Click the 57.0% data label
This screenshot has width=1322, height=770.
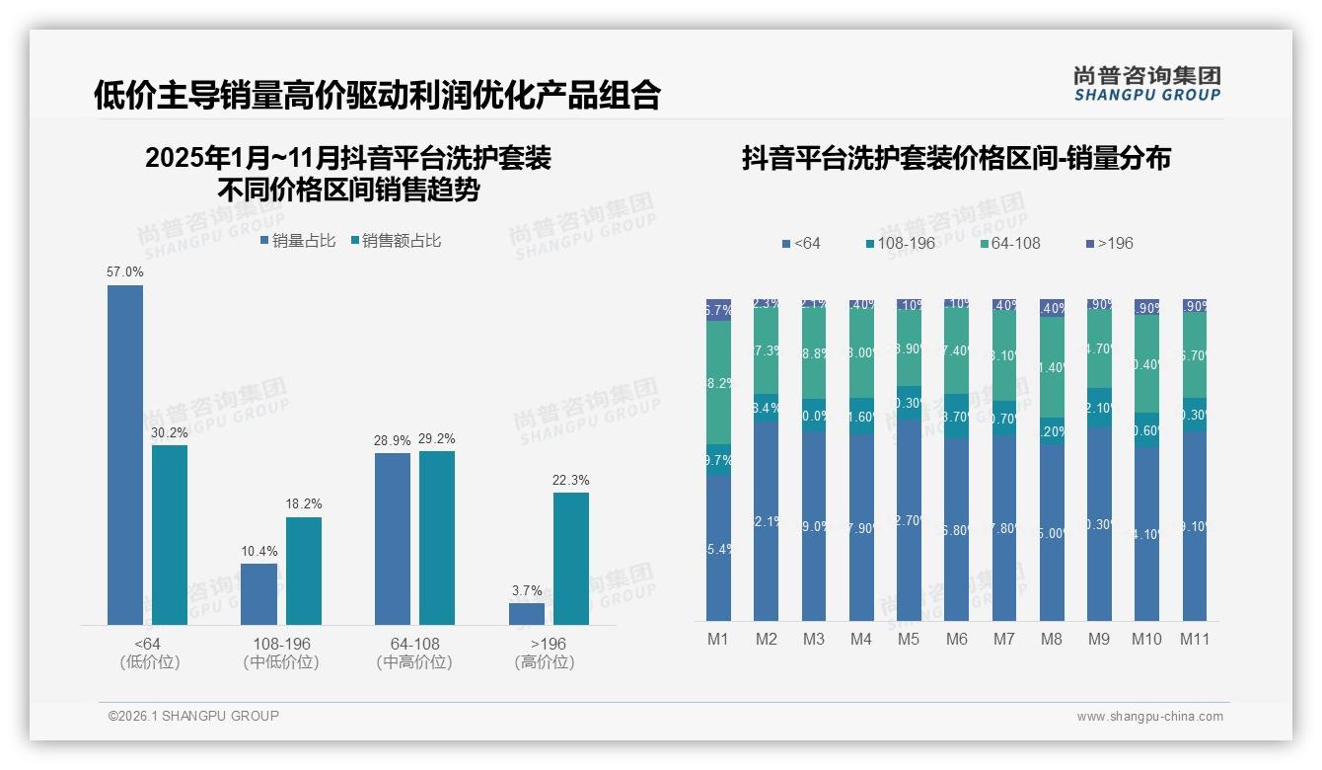click(125, 271)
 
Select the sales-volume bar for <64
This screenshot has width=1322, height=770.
click(125, 454)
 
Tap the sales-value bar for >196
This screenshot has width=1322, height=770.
click(570, 558)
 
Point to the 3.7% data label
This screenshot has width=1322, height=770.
click(527, 590)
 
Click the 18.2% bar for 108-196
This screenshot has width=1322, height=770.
click(304, 571)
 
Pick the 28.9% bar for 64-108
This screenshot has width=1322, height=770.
click(393, 538)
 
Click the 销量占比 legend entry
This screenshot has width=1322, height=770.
click(298, 240)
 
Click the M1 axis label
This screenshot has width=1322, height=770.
click(718, 639)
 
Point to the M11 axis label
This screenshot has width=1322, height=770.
click(1194, 639)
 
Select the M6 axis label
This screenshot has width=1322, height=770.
click(956, 639)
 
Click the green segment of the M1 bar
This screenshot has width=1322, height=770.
click(718, 382)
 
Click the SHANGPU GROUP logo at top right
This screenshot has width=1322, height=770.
click(1146, 84)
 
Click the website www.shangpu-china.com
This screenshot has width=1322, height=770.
click(1149, 717)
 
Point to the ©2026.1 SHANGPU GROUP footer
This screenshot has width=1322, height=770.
click(193, 716)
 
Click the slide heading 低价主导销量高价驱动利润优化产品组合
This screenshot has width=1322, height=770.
click(377, 96)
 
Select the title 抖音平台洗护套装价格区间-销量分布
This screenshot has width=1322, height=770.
click(956, 158)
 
